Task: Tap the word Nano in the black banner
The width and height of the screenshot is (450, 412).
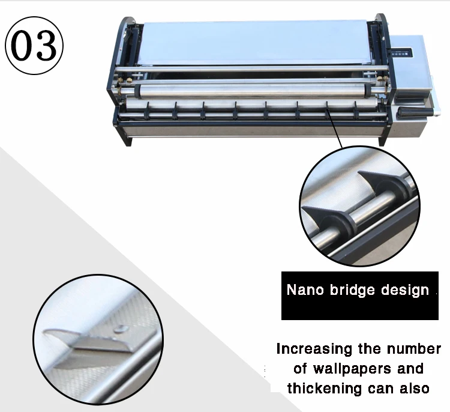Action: [x=306, y=291]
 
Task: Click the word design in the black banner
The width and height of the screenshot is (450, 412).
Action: [x=405, y=291]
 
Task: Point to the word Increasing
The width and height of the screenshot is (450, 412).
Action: [x=316, y=349]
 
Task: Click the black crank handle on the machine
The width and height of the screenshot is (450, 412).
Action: [x=413, y=112]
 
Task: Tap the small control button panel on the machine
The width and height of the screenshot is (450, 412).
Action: [x=397, y=53]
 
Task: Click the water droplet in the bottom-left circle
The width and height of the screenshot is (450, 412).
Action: [x=122, y=329]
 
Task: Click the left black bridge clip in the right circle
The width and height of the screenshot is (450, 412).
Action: [x=328, y=217]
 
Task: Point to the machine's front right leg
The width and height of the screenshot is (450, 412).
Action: [x=381, y=136]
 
